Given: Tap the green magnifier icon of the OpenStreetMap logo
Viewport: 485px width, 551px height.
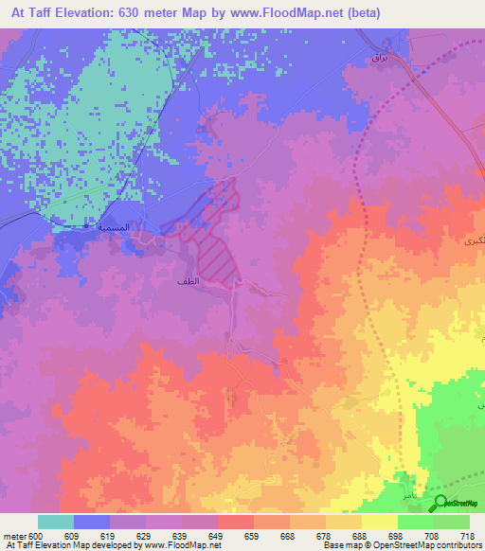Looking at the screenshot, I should coord(440,503).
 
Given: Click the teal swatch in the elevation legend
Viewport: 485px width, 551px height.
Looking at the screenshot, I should coord(56,522).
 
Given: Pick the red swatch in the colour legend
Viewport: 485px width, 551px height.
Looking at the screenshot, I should coord(236,522).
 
